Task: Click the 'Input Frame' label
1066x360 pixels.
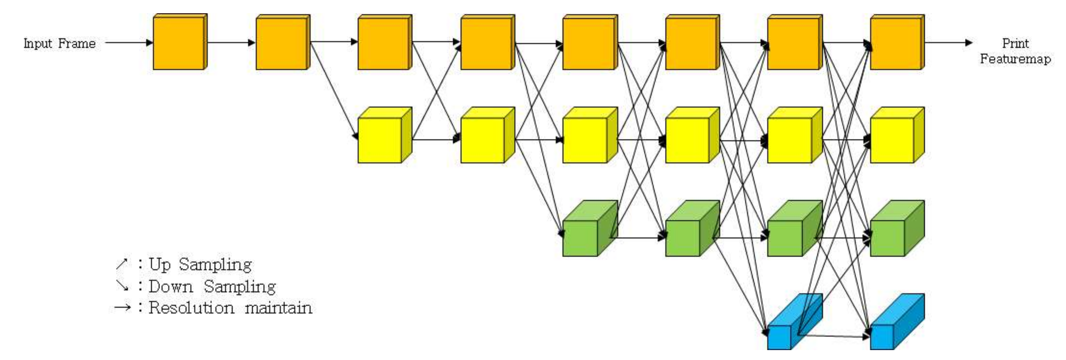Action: click(59, 43)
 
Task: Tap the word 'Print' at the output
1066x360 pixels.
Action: click(1015, 43)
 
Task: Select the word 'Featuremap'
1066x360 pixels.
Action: click(1015, 59)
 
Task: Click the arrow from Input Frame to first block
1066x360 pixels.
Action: click(128, 42)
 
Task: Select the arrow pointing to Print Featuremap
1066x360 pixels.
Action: click(947, 42)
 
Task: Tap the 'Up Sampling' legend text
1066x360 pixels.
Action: click(200, 264)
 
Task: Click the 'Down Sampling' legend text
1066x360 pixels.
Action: click(212, 286)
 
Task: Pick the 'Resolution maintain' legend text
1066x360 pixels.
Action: click(230, 308)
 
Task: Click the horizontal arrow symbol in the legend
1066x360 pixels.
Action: click(122, 307)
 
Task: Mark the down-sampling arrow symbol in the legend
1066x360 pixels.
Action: click(122, 286)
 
